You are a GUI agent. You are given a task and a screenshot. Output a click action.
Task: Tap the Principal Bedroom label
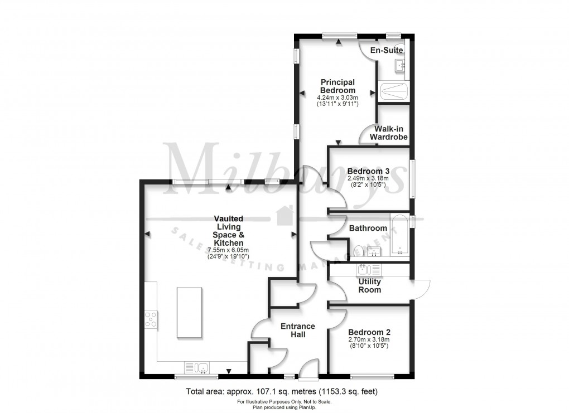(x=337, y=86)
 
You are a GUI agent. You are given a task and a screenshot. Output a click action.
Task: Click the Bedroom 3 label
(x=368, y=171)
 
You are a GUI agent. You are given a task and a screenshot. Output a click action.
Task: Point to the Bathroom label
(x=368, y=228)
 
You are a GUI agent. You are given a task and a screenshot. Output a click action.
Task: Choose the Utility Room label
(x=369, y=285)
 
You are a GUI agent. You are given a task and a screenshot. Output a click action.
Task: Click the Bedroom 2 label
(x=368, y=332)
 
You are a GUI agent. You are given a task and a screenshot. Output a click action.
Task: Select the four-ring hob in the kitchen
(x=151, y=319)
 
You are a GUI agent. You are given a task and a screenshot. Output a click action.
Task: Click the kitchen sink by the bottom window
(x=198, y=367)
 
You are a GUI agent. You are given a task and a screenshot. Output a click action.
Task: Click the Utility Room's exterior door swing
(x=422, y=287)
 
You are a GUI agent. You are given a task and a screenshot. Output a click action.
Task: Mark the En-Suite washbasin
(x=401, y=66)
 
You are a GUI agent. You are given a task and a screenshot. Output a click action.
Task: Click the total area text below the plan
(x=284, y=392)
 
